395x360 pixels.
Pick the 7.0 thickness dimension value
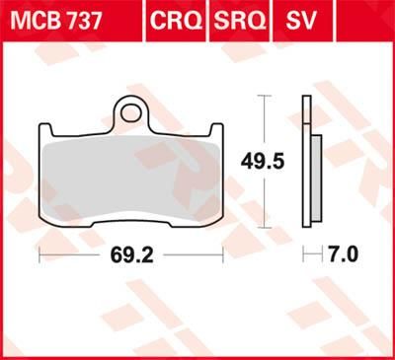(x=340, y=255)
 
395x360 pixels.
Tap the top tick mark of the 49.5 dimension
(x=262, y=96)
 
